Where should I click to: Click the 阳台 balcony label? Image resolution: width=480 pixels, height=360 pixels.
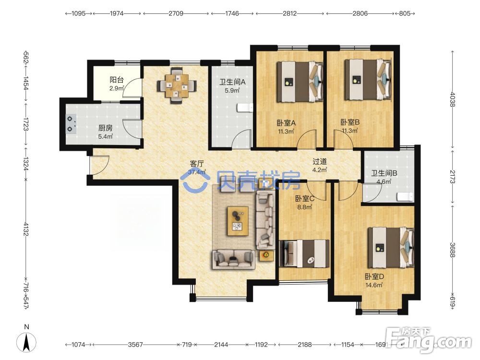[117, 80]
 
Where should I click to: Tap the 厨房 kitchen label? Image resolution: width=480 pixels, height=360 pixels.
[105, 128]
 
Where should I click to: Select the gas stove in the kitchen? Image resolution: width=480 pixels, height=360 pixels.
[71, 124]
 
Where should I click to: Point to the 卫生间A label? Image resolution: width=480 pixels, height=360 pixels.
[232, 82]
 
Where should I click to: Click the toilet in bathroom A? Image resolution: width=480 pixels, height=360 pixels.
[245, 108]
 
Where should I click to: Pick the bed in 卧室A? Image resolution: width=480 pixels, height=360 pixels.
[300, 82]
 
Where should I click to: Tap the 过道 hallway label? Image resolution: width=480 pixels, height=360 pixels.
[320, 161]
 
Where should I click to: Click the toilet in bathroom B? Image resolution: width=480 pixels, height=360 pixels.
[405, 196]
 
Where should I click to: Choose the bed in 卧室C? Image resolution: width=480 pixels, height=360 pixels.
[305, 253]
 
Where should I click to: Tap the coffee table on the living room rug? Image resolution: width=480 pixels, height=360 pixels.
[238, 221]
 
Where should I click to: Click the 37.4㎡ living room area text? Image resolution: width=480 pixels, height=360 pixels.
[197, 172]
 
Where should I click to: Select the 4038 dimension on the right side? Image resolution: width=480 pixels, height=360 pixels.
[453, 100]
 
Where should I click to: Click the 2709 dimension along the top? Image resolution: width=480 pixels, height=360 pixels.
[176, 13]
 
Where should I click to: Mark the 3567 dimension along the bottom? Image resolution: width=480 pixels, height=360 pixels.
[135, 345]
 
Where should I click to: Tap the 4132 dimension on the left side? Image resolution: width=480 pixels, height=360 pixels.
[26, 229]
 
